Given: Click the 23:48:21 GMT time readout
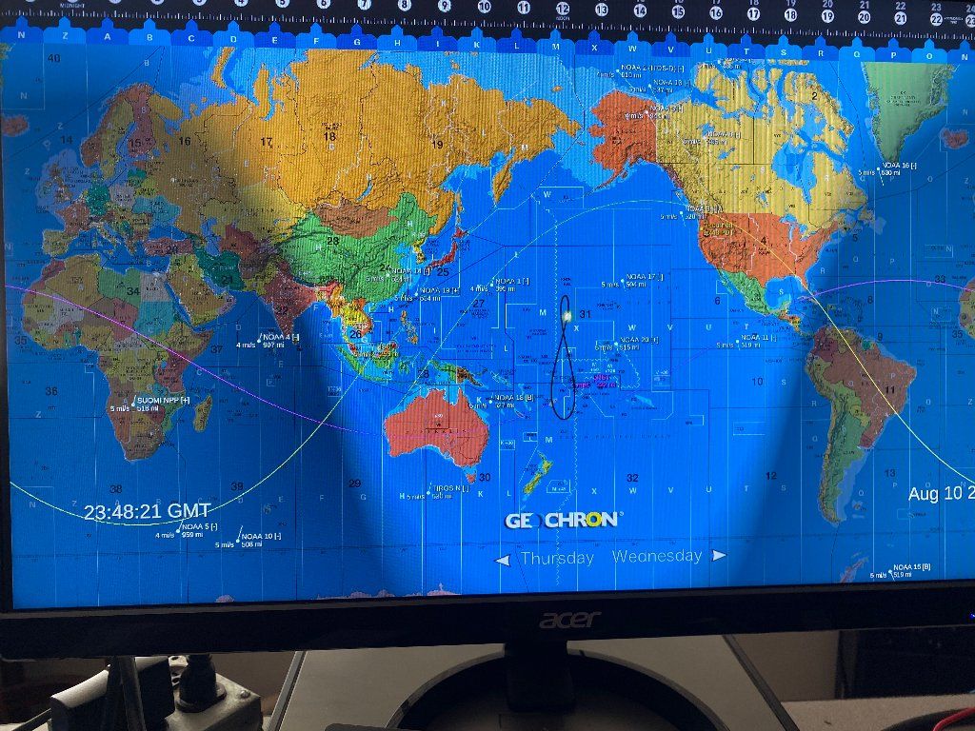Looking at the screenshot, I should click(147, 511).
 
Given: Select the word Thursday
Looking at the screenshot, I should click(557, 558).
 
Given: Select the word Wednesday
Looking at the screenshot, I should click(657, 556).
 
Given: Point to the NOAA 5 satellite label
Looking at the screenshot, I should click(199, 526).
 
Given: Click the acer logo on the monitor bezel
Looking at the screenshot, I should click(570, 620).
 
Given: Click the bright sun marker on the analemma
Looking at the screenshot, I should click(567, 314).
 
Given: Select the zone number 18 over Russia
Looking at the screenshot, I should click(329, 135).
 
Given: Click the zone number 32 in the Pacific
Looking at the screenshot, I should click(632, 478).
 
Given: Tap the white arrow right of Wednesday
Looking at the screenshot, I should click(719, 555).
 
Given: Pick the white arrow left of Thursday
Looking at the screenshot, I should click(503, 561).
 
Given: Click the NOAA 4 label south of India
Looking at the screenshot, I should click(280, 337).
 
